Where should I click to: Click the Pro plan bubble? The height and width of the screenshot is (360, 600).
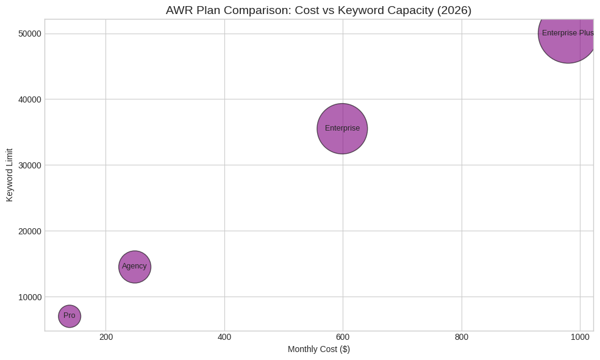point(70,316)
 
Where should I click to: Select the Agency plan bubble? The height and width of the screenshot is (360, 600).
point(135,267)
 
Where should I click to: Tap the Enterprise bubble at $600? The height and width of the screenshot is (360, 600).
point(342,129)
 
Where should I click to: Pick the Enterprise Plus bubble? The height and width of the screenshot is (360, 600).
point(568,34)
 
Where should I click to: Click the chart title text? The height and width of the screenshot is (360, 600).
point(318,10)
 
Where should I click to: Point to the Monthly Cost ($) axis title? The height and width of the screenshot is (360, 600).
point(318,350)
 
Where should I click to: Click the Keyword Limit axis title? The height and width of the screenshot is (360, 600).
point(10,175)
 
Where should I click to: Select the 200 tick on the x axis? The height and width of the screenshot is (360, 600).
point(106,337)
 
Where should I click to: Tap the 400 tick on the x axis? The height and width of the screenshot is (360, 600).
point(224,337)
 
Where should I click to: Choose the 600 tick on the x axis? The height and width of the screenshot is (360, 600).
point(343,337)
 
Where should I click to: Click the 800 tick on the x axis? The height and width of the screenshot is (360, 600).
point(461,337)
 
